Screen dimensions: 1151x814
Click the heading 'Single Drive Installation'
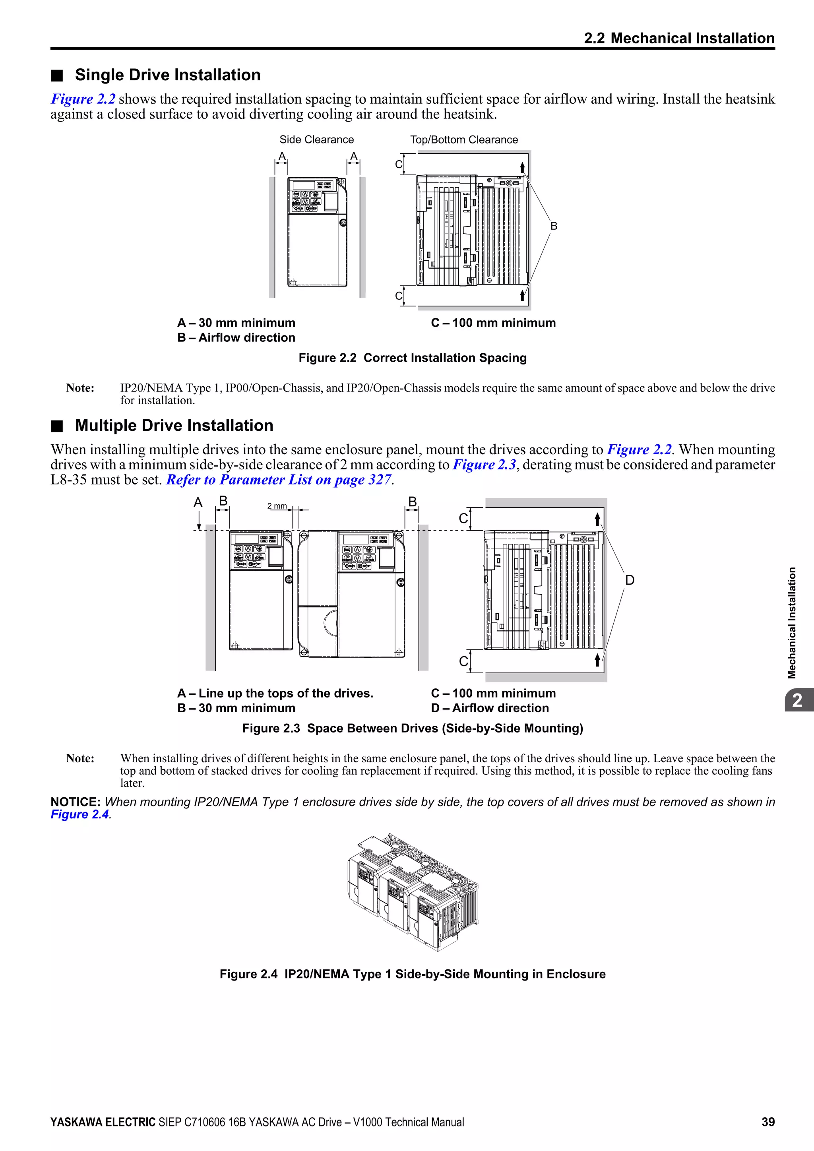tap(167, 75)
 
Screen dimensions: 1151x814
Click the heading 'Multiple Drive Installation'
tap(174, 426)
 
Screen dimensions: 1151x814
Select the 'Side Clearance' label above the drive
tap(316, 140)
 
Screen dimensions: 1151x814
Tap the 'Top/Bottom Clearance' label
tap(464, 140)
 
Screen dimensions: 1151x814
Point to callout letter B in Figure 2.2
tap(553, 226)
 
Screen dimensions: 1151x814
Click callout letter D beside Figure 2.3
tap(630, 580)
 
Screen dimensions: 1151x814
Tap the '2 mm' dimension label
tap(277, 506)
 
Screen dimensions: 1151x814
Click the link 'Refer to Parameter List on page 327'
tap(278, 480)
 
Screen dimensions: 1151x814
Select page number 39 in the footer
tap(767, 1122)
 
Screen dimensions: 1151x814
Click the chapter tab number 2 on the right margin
tap(797, 700)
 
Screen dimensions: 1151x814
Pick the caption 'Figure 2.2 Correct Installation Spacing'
tap(413, 358)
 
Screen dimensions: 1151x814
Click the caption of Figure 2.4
tap(413, 974)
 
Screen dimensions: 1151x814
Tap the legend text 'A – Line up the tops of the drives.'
tap(275, 693)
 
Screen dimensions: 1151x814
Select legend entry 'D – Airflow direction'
tap(490, 708)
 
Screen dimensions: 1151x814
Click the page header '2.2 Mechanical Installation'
tap(679, 38)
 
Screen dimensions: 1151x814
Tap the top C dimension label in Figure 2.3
tap(463, 518)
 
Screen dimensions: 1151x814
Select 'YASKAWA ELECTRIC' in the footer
tap(103, 1122)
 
